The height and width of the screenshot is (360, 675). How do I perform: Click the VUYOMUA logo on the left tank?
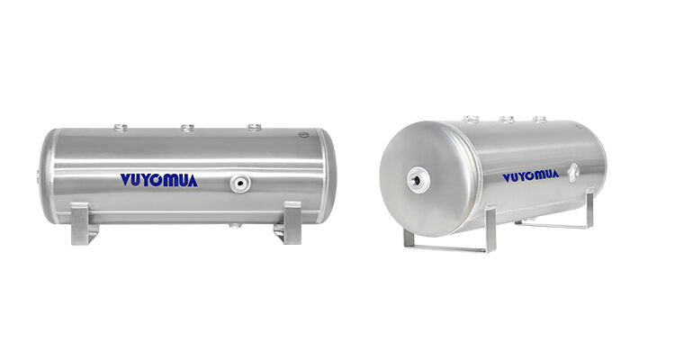tap(158, 180)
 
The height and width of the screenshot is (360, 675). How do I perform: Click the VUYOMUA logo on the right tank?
tap(530, 175)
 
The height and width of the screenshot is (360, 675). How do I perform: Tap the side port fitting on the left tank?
tap(238, 184)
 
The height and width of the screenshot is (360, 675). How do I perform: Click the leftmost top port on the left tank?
tap(122, 127)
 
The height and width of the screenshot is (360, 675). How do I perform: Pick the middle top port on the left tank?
tap(187, 127)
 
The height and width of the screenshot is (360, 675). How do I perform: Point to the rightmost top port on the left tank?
tap(255, 127)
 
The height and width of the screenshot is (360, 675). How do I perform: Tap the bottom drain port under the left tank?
tap(235, 225)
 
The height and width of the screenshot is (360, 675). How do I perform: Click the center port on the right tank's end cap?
tap(417, 177)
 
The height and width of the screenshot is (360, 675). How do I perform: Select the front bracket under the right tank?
tap(449, 239)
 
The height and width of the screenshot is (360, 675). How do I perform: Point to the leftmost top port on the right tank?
tap(470, 118)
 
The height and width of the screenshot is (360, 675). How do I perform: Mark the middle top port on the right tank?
tap(508, 118)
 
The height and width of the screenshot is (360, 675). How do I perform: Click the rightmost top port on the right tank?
tap(540, 118)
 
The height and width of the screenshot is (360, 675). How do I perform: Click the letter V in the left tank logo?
tap(125, 180)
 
